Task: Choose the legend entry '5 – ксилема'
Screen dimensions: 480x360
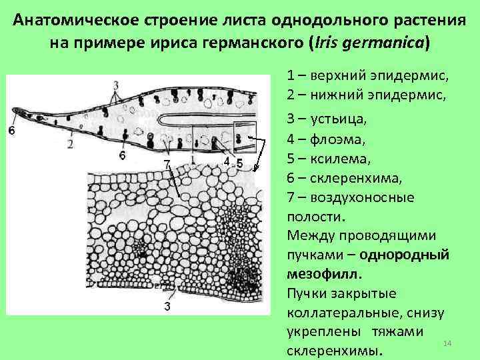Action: point(328,159)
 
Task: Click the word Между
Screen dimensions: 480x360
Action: point(311,235)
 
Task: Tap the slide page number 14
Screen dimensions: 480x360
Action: point(447,343)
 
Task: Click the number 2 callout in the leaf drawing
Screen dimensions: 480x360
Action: point(71,145)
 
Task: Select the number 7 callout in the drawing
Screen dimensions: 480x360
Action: point(167,163)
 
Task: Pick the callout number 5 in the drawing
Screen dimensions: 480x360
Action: point(239,163)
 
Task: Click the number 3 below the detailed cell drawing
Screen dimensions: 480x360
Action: point(167,305)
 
